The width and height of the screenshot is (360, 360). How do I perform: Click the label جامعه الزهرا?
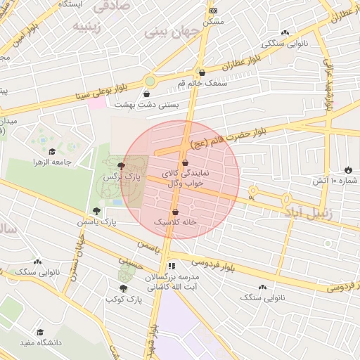coord(53,162)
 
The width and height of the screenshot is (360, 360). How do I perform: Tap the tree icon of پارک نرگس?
coord(122,166)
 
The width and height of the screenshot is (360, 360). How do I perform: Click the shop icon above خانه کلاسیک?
coord(175,212)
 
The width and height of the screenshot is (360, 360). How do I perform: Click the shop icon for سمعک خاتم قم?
coord(202,72)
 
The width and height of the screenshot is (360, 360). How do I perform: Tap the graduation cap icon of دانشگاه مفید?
coord(40,331)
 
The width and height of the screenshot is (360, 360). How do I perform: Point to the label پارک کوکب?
coord(124,300)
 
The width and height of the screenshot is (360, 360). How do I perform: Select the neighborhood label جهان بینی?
coord(172,32)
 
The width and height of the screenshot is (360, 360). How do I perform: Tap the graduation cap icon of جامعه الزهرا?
coord(52,151)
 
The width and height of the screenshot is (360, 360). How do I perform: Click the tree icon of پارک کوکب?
coord(124,288)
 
